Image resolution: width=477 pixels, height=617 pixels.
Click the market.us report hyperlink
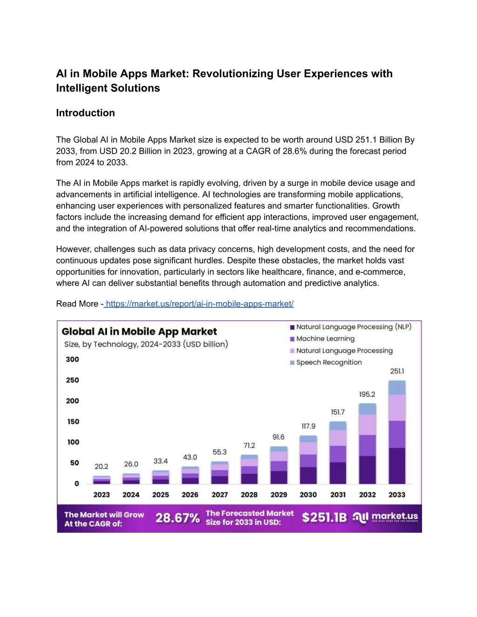pos(199,304)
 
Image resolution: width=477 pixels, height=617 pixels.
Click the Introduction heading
pos(85,113)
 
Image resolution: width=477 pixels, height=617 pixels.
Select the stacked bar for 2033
pos(397,432)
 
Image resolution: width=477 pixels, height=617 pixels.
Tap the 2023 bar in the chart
pos(102,480)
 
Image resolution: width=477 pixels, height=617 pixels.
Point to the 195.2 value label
pos(367,394)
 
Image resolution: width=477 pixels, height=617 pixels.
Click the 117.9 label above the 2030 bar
pos(308,426)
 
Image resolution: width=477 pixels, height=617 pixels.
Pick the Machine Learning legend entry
pos(322,339)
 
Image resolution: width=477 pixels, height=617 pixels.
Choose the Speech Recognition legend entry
pos(326,363)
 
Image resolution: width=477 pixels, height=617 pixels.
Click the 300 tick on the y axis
pos(72,359)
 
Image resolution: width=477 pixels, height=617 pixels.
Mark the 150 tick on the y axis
pos(73,421)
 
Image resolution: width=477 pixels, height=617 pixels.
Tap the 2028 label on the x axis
pos(249,495)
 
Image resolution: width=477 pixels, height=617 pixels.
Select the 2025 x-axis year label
pos(160,495)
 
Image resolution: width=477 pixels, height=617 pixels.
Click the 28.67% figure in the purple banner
pos(177,518)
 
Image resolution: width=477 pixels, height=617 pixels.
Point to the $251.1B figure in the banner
pos(324,517)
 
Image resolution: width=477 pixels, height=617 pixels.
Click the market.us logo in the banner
pos(385,517)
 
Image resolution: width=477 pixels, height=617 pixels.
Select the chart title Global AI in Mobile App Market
pos(139,332)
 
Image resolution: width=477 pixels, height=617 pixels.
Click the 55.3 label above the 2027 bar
pos(219,452)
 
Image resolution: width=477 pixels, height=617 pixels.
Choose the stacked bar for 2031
pos(338,453)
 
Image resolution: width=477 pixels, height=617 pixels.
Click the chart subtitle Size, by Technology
pos(146,345)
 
